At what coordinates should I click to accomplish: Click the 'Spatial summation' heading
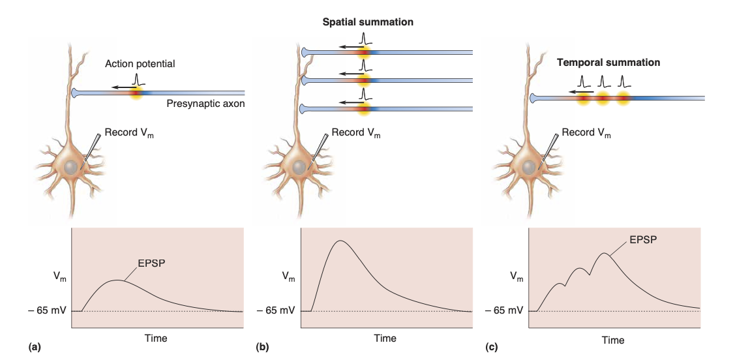(368, 22)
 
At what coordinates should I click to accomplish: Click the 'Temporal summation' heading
(608, 63)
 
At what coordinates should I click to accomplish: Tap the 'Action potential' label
(140, 64)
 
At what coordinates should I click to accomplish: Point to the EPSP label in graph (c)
(642, 239)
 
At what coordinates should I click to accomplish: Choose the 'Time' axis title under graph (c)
(613, 340)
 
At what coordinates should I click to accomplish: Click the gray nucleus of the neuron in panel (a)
(71, 167)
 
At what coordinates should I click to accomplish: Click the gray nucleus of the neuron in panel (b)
(299, 167)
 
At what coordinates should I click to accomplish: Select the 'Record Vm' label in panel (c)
(586, 133)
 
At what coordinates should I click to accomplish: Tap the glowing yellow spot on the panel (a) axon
(136, 93)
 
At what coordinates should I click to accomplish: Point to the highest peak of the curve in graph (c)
(606, 253)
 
